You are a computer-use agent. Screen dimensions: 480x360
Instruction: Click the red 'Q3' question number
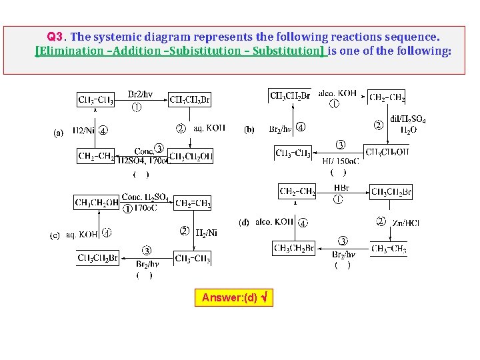(55, 36)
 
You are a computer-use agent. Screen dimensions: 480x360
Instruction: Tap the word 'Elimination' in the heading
(69, 51)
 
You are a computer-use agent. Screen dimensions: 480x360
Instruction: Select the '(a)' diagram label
(59, 133)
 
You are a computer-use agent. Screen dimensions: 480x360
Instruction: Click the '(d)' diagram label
(244, 222)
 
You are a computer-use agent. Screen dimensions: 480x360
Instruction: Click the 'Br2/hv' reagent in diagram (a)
(140, 94)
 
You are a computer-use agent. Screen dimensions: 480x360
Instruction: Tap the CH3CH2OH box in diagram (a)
(190, 157)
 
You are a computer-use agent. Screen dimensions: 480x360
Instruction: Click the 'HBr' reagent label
(341, 189)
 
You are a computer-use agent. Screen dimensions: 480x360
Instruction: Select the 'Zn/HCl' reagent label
(405, 223)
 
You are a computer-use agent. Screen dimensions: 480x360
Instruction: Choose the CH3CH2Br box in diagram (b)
(290, 95)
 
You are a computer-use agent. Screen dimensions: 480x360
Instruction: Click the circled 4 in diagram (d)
(302, 223)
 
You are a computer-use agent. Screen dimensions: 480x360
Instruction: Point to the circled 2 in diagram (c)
(185, 231)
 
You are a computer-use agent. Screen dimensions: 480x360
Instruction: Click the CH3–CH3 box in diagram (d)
(389, 249)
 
